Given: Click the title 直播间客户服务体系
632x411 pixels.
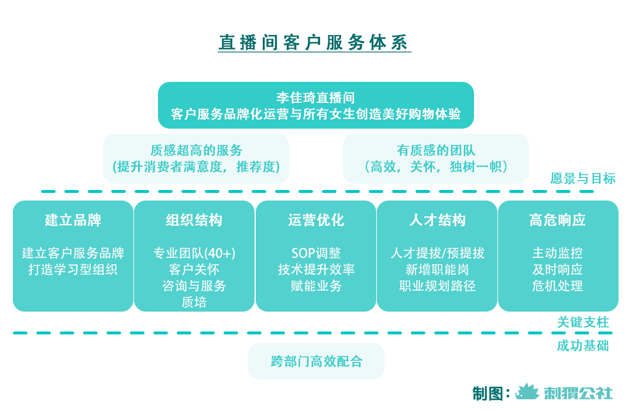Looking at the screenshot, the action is click(x=314, y=43).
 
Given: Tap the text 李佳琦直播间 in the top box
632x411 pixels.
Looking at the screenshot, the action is click(x=315, y=97).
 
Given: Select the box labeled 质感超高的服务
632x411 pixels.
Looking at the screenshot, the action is click(x=196, y=158).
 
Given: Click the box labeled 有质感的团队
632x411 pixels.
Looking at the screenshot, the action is click(x=435, y=158).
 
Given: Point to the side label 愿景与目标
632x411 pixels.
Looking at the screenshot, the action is click(x=583, y=179).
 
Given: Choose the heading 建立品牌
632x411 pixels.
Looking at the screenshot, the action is click(x=73, y=220).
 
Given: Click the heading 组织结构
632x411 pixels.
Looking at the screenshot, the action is click(x=194, y=220).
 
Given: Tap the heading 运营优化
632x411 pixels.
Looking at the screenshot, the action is click(x=316, y=220).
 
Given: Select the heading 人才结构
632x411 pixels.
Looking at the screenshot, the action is click(x=437, y=220).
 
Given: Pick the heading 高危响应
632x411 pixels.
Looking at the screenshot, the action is click(x=558, y=220).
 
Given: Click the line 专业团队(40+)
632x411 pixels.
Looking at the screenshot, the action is click(x=194, y=253).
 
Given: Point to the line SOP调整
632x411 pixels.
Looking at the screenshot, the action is click(x=316, y=253).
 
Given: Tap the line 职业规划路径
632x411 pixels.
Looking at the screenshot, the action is click(x=437, y=286).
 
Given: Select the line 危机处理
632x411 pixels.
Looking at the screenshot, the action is click(x=558, y=286).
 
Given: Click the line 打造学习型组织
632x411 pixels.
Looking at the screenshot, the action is click(x=73, y=270).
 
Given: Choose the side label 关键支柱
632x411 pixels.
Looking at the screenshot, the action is click(x=583, y=322).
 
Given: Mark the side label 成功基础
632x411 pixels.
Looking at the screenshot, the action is click(x=583, y=346).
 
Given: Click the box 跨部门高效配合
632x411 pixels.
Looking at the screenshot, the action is click(x=316, y=361).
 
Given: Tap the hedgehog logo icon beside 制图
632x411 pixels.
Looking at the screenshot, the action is click(x=527, y=392).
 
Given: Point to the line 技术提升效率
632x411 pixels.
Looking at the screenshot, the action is click(x=316, y=270).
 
